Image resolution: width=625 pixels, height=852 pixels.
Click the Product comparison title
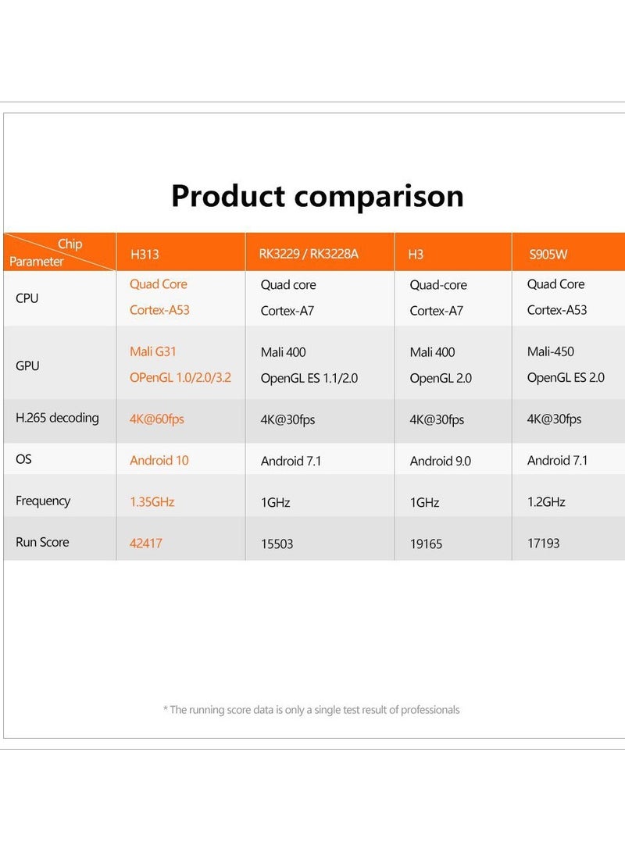[x=317, y=196]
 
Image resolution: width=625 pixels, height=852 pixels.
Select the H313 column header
[x=145, y=255]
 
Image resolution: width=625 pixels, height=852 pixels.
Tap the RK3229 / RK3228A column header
[x=309, y=254]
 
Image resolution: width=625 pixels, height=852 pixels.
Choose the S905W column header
[x=548, y=255]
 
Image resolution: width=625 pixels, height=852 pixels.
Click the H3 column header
[x=416, y=255]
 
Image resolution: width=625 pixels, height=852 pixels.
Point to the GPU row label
[x=27, y=365]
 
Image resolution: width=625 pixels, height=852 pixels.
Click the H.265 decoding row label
[x=57, y=418]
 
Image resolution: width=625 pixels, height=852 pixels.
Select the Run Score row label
[x=42, y=542]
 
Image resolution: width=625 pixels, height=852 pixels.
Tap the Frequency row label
[x=43, y=501]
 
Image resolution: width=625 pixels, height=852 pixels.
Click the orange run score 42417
[x=145, y=543]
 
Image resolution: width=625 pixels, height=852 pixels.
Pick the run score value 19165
[x=426, y=544]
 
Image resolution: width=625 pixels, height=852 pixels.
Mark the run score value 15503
[x=277, y=544]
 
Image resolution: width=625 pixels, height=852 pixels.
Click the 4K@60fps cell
[x=156, y=419]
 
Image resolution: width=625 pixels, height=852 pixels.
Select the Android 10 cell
[x=159, y=460]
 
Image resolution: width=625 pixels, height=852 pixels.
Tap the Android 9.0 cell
[x=440, y=461]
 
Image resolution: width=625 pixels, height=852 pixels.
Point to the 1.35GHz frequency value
[x=152, y=501]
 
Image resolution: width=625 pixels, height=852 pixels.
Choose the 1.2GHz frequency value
[x=546, y=501]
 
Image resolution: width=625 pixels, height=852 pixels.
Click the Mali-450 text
[x=551, y=351]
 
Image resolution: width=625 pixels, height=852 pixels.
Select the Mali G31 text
[x=152, y=351]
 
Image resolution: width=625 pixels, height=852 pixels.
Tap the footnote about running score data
[x=312, y=710]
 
